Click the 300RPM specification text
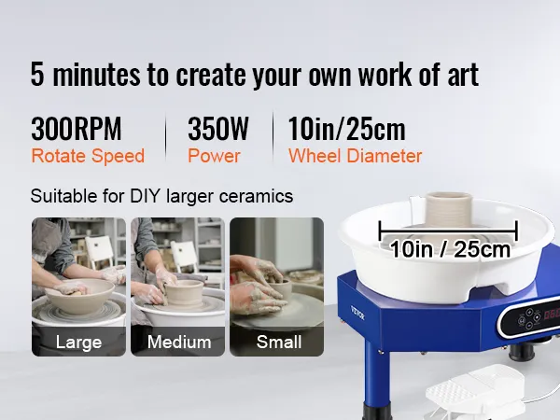(77, 129)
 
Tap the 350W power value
(217, 129)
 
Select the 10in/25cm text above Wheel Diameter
(346, 129)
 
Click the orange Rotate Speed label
(88, 156)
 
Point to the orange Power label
(214, 156)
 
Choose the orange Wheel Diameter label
(355, 156)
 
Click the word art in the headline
(463, 75)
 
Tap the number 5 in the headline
(37, 75)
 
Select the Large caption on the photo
(78, 343)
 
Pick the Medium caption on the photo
(179, 343)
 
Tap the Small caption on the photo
(279, 343)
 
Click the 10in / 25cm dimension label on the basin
(450, 249)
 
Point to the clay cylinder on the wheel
(449, 211)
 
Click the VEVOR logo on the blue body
(357, 313)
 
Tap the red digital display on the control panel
(552, 314)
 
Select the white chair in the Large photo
(99, 252)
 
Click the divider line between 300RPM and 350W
(166, 137)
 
